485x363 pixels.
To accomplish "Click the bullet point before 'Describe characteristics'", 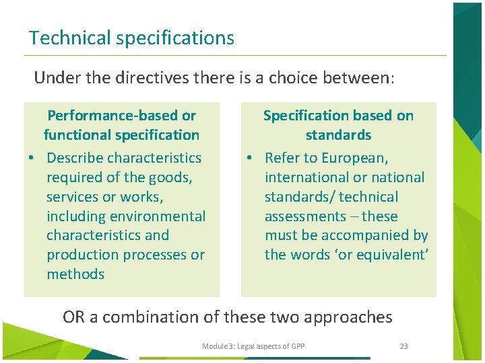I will click(x=31, y=159).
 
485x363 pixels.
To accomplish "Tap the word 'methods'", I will click(x=75, y=274).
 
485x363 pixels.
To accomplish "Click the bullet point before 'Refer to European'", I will click(x=249, y=159).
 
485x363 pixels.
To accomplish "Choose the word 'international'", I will click(x=307, y=177).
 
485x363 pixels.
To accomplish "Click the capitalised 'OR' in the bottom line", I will click(x=74, y=317).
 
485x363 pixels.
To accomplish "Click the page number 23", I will click(x=403, y=346).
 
